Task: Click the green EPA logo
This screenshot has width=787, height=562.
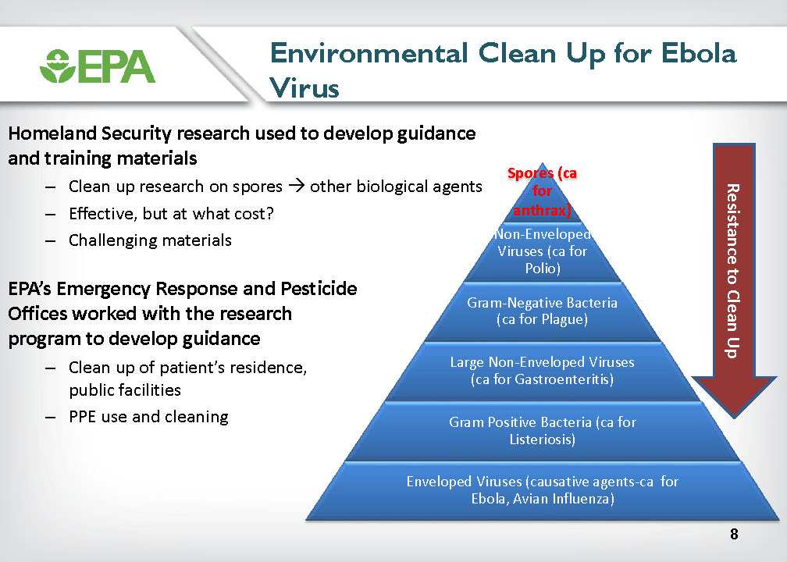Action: click(x=98, y=66)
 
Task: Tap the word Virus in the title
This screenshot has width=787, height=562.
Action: click(x=304, y=87)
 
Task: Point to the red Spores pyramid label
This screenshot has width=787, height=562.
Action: click(x=542, y=191)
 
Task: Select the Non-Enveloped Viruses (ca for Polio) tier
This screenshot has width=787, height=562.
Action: click(x=542, y=251)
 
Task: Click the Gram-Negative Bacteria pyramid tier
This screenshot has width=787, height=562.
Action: click(x=542, y=311)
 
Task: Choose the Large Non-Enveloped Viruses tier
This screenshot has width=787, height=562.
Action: click(x=542, y=370)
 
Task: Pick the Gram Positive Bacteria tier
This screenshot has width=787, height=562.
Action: click(x=542, y=431)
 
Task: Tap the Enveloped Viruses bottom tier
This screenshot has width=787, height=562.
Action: click(x=542, y=490)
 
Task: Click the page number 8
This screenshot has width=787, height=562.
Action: click(x=734, y=534)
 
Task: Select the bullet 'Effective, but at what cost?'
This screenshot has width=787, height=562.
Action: click(x=171, y=213)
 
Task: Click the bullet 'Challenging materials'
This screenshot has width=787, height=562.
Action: click(x=150, y=240)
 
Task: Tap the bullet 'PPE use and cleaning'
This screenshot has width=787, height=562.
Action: click(x=148, y=417)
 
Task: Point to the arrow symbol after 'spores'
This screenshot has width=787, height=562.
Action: click(x=297, y=186)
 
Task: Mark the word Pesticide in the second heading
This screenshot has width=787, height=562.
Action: click(x=319, y=289)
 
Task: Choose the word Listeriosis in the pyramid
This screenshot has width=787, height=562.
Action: click(x=542, y=439)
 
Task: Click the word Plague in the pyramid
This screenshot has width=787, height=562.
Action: click(x=564, y=320)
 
